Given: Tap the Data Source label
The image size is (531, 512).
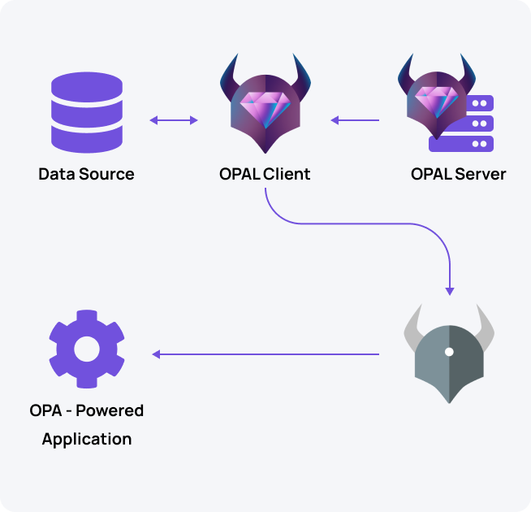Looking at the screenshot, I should pyautogui.click(x=86, y=174).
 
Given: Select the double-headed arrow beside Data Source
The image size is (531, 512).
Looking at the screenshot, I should pyautogui.click(x=174, y=121).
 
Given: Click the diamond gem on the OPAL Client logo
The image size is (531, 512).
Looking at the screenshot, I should pyautogui.click(x=265, y=109).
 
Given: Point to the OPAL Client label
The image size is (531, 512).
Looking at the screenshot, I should pyautogui.click(x=265, y=174).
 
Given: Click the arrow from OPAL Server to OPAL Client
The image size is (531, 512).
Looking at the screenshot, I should pyautogui.click(x=354, y=121).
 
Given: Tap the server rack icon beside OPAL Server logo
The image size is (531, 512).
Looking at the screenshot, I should pyautogui.click(x=473, y=124).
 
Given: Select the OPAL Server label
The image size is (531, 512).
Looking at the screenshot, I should pyautogui.click(x=458, y=174).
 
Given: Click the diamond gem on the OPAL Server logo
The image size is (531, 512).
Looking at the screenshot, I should pyautogui.click(x=434, y=101).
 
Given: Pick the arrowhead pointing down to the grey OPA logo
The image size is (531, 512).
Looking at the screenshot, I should pyautogui.click(x=450, y=290).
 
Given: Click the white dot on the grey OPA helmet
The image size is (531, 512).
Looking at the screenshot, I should pyautogui.click(x=449, y=352).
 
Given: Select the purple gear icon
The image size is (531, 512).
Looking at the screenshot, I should pyautogui.click(x=86, y=349).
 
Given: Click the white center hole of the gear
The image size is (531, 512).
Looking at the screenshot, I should pyautogui.click(x=86, y=349).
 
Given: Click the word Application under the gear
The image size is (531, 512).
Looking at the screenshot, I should pyautogui.click(x=86, y=440).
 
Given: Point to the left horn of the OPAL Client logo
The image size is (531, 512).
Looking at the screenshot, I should pyautogui.click(x=229, y=73).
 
